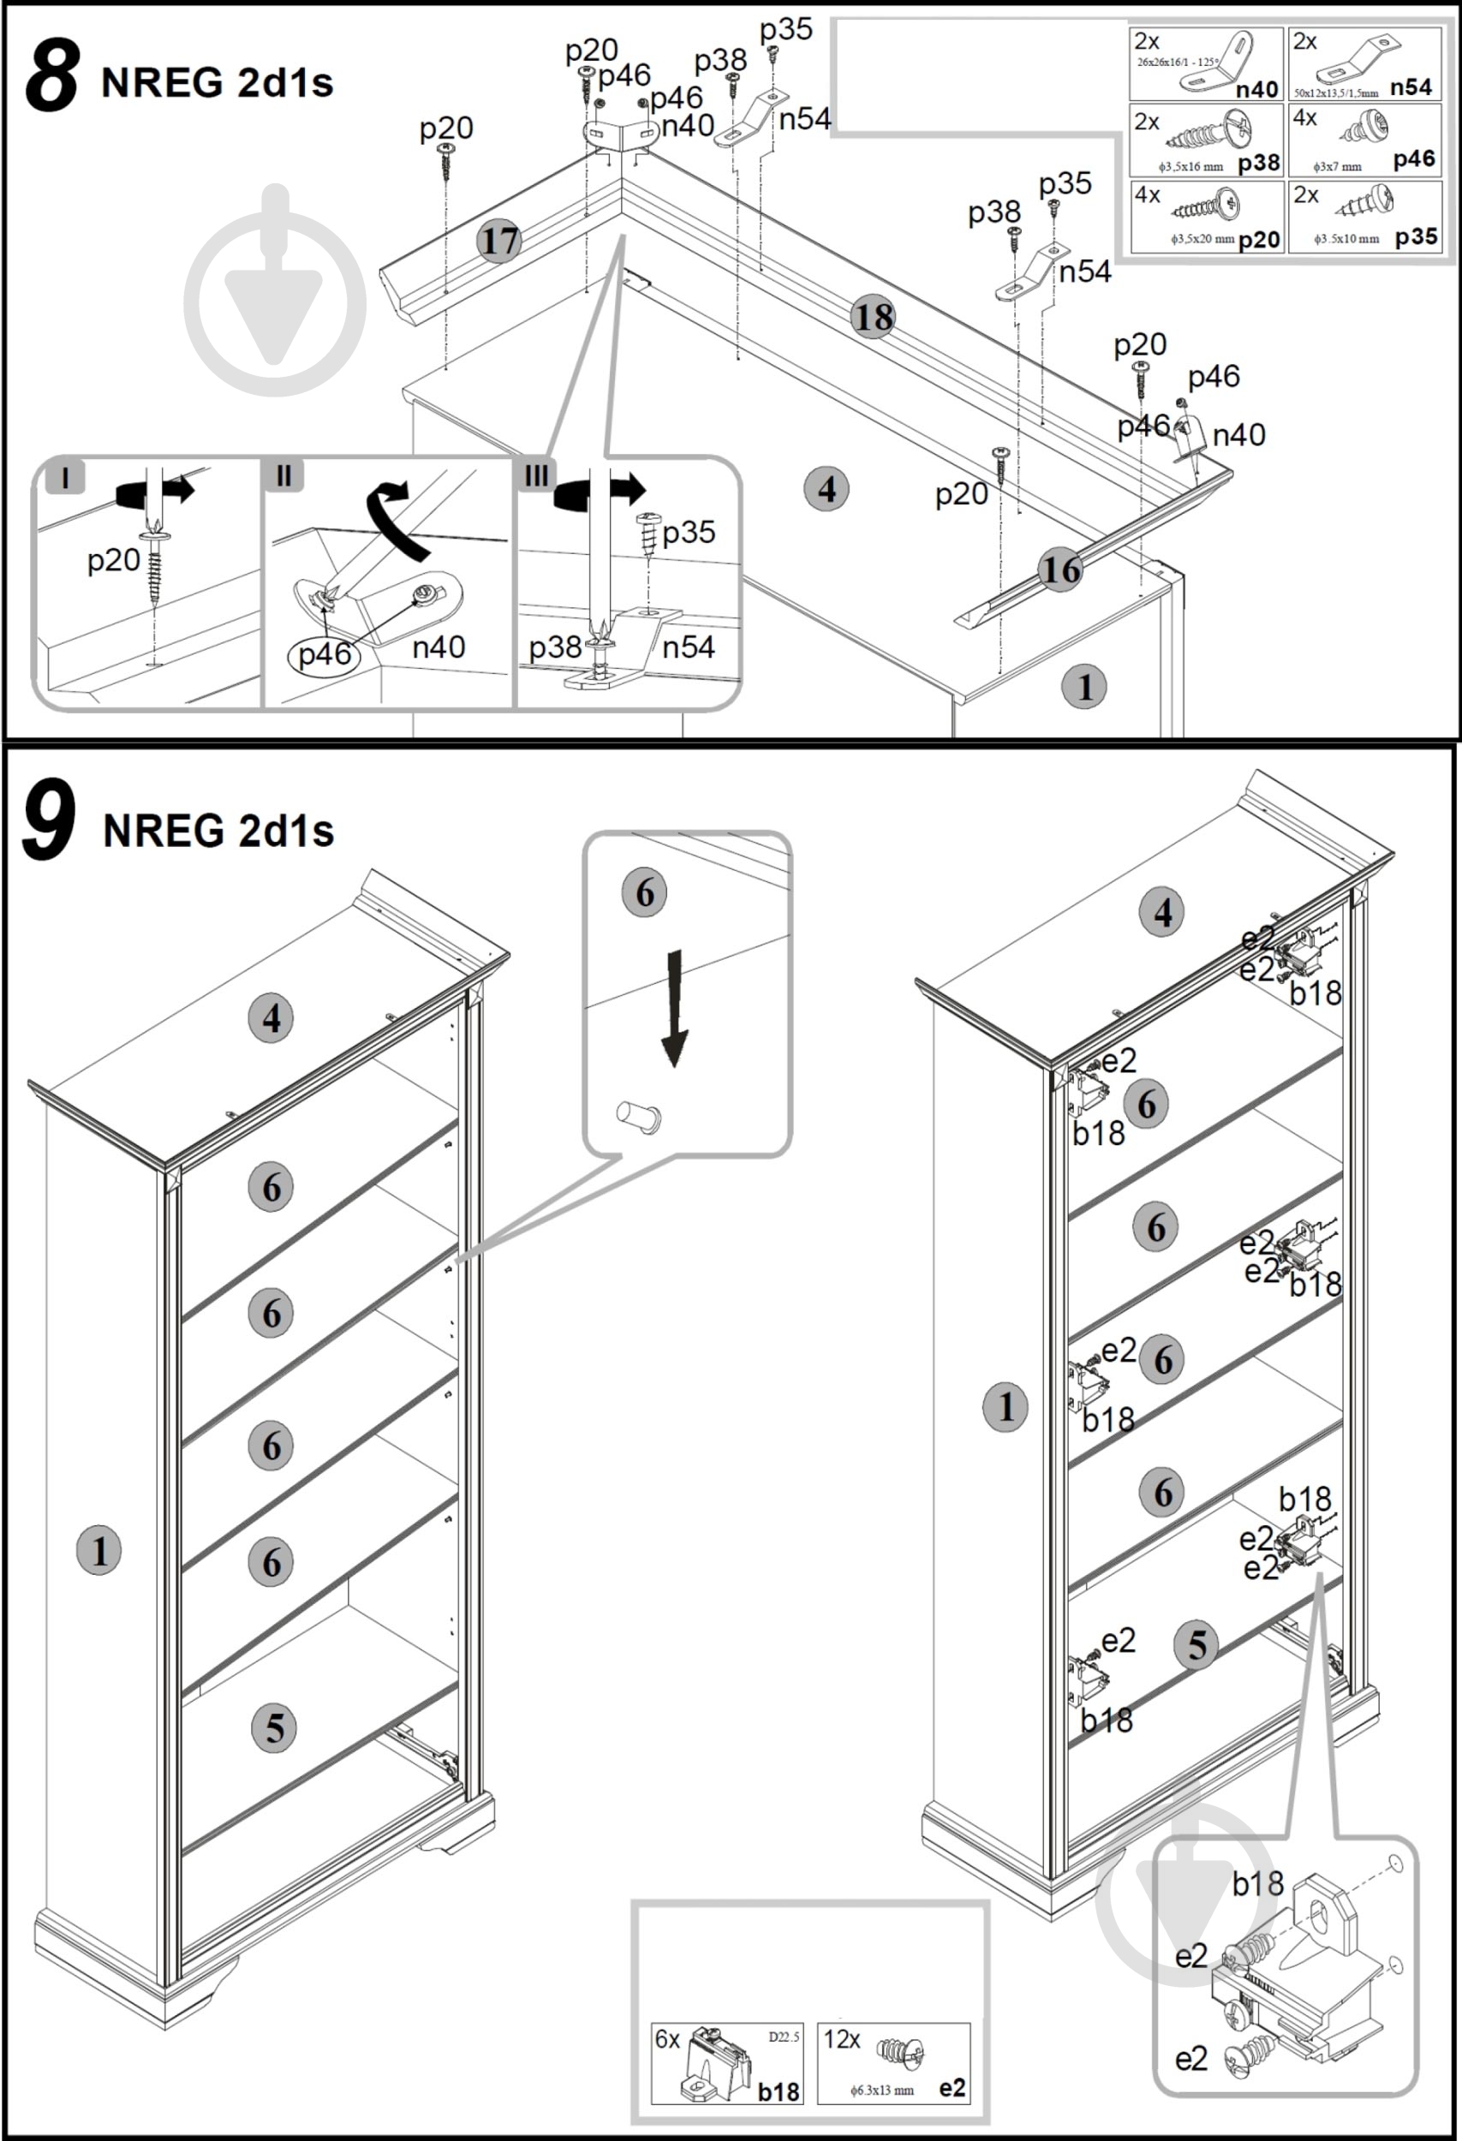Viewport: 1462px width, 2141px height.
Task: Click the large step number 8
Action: (x=51, y=75)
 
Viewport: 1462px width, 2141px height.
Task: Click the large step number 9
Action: (x=48, y=819)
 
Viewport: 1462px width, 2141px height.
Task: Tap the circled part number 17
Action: (x=499, y=242)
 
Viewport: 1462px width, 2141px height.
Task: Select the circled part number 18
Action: (x=874, y=318)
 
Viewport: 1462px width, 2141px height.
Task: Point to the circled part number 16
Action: (x=1059, y=570)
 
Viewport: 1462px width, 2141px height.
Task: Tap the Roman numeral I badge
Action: (x=65, y=477)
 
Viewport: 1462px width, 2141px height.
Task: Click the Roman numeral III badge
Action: (x=535, y=475)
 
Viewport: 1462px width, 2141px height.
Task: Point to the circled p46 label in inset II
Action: (x=325, y=654)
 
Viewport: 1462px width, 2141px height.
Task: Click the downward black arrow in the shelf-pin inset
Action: (x=675, y=1009)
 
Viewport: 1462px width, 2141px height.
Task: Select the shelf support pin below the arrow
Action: (x=638, y=1117)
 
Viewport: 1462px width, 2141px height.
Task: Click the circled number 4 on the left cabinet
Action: (x=271, y=1018)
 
